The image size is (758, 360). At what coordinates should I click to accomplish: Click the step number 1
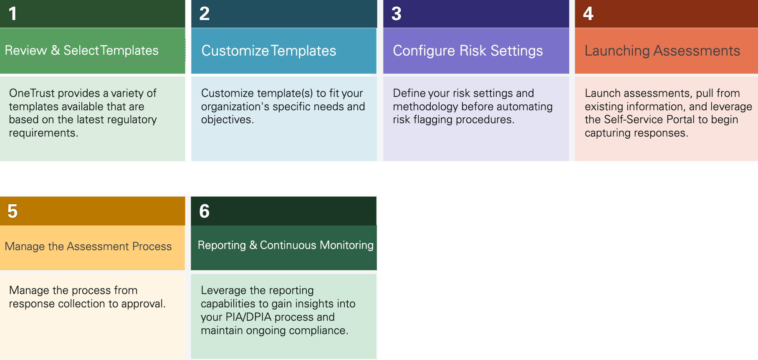13,14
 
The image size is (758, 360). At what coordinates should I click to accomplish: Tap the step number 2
205,14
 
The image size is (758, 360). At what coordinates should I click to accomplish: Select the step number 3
397,14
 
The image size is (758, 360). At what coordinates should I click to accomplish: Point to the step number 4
588,14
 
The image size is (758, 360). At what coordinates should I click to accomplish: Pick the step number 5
13,211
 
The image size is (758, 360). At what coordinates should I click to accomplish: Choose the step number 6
205,211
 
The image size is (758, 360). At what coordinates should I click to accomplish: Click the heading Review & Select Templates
82,51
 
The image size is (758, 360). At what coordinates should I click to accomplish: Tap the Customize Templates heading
269,51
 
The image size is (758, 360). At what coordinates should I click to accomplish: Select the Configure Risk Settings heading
468,51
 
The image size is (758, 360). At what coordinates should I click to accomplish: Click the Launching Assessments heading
662,51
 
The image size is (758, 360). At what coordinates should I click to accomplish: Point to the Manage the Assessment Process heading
88,246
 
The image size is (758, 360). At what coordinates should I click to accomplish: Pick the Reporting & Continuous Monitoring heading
286,245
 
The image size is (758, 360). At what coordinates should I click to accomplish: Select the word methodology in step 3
425,106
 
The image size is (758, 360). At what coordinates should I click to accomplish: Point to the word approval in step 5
143,304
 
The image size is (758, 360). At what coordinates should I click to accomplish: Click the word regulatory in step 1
132,120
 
